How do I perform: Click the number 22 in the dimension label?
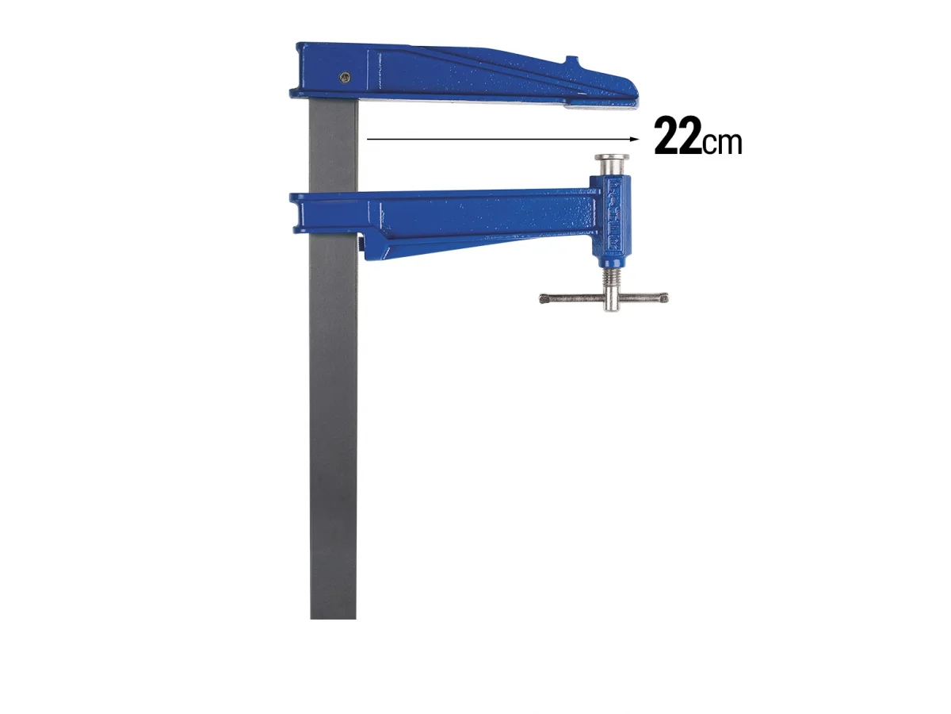point(678,136)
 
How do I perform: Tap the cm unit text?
point(722,142)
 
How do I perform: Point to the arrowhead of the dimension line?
point(634,140)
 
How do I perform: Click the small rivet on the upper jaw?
point(344,77)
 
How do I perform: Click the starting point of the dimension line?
point(369,140)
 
